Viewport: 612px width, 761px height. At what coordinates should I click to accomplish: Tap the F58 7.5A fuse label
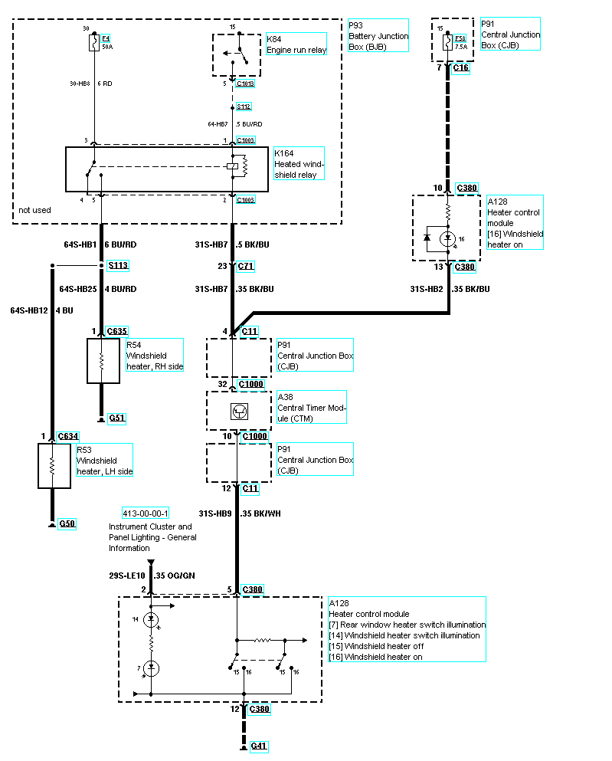coord(460,41)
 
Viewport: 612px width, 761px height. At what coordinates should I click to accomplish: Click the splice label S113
coord(117,267)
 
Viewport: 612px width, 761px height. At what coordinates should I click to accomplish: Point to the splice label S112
coord(244,107)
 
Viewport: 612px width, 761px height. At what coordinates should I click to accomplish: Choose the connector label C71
coord(246,267)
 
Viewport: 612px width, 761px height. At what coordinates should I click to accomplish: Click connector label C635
coord(117,331)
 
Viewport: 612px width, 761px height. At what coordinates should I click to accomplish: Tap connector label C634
coord(68,437)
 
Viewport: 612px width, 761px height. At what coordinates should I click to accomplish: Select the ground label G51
coord(116,418)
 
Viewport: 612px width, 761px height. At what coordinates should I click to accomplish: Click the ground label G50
coord(67,524)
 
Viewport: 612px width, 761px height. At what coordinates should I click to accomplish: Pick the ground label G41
coord(259,746)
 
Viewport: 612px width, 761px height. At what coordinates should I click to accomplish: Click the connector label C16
coord(461,68)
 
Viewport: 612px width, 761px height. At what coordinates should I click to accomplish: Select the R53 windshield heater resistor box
coord(54,465)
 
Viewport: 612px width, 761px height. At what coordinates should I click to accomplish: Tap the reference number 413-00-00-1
coord(146,513)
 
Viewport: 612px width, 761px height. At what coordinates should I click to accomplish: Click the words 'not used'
coord(34,209)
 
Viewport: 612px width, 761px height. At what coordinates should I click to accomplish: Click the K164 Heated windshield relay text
coord(299,164)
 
